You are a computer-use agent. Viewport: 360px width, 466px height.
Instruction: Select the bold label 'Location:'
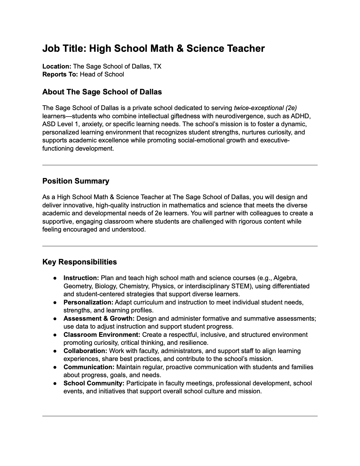click(57, 66)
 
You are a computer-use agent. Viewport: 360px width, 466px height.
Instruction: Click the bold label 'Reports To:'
click(60, 74)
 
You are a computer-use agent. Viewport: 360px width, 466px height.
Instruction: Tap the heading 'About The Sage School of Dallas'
click(102, 92)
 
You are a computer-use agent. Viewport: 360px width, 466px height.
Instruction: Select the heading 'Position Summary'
click(76, 181)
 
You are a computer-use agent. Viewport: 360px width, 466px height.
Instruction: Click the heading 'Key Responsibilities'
click(79, 262)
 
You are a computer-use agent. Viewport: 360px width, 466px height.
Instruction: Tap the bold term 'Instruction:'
click(81, 278)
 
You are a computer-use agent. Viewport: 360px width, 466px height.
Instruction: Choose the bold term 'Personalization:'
click(88, 302)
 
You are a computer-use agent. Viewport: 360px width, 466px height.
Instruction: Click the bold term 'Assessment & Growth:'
click(99, 318)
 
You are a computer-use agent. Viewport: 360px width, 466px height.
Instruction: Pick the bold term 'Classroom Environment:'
click(102, 334)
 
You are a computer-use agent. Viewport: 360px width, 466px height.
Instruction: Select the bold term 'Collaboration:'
click(85, 351)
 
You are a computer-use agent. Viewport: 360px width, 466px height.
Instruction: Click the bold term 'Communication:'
click(89, 367)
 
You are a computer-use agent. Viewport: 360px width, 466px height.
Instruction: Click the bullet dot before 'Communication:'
click(55, 367)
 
